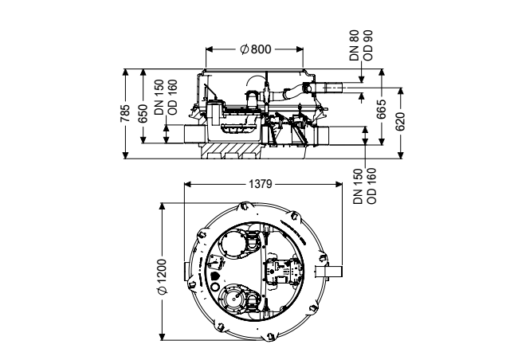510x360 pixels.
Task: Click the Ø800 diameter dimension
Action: point(255,49)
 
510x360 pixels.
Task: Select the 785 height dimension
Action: point(125,113)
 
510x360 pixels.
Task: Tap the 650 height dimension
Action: point(143,114)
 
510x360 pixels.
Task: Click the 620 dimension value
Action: point(400,121)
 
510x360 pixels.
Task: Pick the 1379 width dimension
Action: point(261,184)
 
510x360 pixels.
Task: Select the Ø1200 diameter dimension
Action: point(162,276)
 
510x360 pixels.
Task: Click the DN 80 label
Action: point(354,45)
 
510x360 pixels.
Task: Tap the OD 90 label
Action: point(367,45)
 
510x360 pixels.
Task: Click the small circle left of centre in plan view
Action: point(215,287)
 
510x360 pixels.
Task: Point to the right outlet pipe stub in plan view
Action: point(329,271)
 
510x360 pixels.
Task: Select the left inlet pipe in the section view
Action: point(194,134)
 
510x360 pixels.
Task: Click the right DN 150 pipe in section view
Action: point(322,135)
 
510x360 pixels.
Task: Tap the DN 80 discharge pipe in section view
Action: point(328,88)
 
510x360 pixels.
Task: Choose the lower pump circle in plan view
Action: point(233,298)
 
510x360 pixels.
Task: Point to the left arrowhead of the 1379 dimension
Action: point(188,185)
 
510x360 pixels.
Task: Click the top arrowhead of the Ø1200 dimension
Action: point(162,206)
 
